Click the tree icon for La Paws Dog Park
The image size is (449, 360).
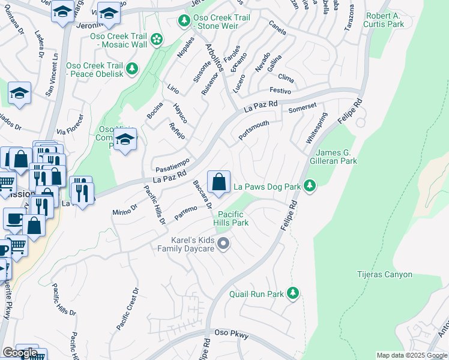coord(310,187)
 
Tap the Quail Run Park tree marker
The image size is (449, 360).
coord(292,294)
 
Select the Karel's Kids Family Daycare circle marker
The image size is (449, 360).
coord(223,244)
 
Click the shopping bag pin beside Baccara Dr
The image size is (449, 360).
coord(219,181)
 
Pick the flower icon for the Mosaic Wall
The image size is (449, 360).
coord(157,40)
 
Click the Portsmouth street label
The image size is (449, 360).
coord(253,130)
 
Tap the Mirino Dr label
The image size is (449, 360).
coord(125,208)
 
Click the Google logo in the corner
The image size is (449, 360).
coord(19,353)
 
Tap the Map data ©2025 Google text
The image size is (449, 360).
coord(411,355)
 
